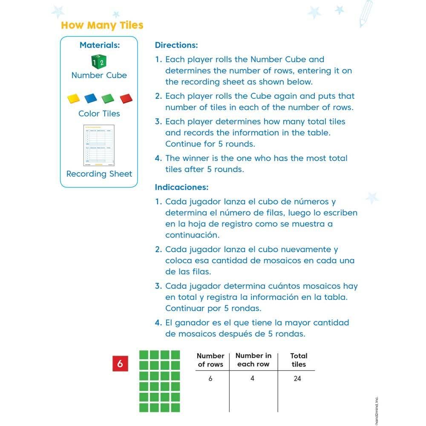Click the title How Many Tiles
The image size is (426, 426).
pyautogui.click(x=102, y=25)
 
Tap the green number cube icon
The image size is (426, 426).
pyautogui.click(x=99, y=61)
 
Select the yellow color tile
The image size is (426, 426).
pyautogui.click(x=74, y=99)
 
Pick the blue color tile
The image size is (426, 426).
pyautogui.click(x=91, y=99)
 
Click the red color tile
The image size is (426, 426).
pyautogui.click(x=127, y=99)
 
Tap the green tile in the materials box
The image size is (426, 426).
pyautogui.click(x=108, y=99)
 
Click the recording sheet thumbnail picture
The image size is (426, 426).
pyautogui.click(x=99, y=145)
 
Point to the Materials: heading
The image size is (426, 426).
pyautogui.click(x=99, y=45)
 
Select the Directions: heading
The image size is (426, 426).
pyautogui.click(x=176, y=45)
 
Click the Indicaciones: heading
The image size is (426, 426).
pyautogui.click(x=181, y=187)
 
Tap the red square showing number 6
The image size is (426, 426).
pyautogui.click(x=120, y=364)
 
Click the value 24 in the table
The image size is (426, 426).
pyautogui.click(x=297, y=378)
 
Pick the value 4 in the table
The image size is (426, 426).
pyautogui.click(x=252, y=378)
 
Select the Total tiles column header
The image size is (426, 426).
pyautogui.click(x=299, y=360)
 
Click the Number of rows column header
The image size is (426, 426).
pyautogui.click(x=210, y=360)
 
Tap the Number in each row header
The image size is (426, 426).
pyautogui.click(x=253, y=360)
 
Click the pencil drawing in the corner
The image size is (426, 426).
pyautogui.click(x=366, y=14)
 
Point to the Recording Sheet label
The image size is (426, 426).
pyautogui.click(x=99, y=174)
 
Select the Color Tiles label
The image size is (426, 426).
pyautogui.click(x=99, y=114)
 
